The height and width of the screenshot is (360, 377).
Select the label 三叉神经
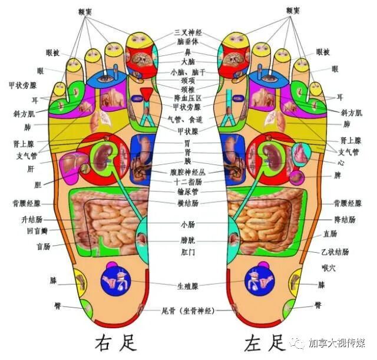[187, 32]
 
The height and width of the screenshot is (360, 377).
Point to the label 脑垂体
[187, 42]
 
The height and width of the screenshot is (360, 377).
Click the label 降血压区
[187, 98]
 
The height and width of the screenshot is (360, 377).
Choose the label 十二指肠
[187, 182]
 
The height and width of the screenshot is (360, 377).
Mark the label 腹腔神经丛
[187, 172]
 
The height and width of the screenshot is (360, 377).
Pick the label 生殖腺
[187, 286]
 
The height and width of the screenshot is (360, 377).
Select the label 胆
[38, 184]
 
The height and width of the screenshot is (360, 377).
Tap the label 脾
[338, 176]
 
